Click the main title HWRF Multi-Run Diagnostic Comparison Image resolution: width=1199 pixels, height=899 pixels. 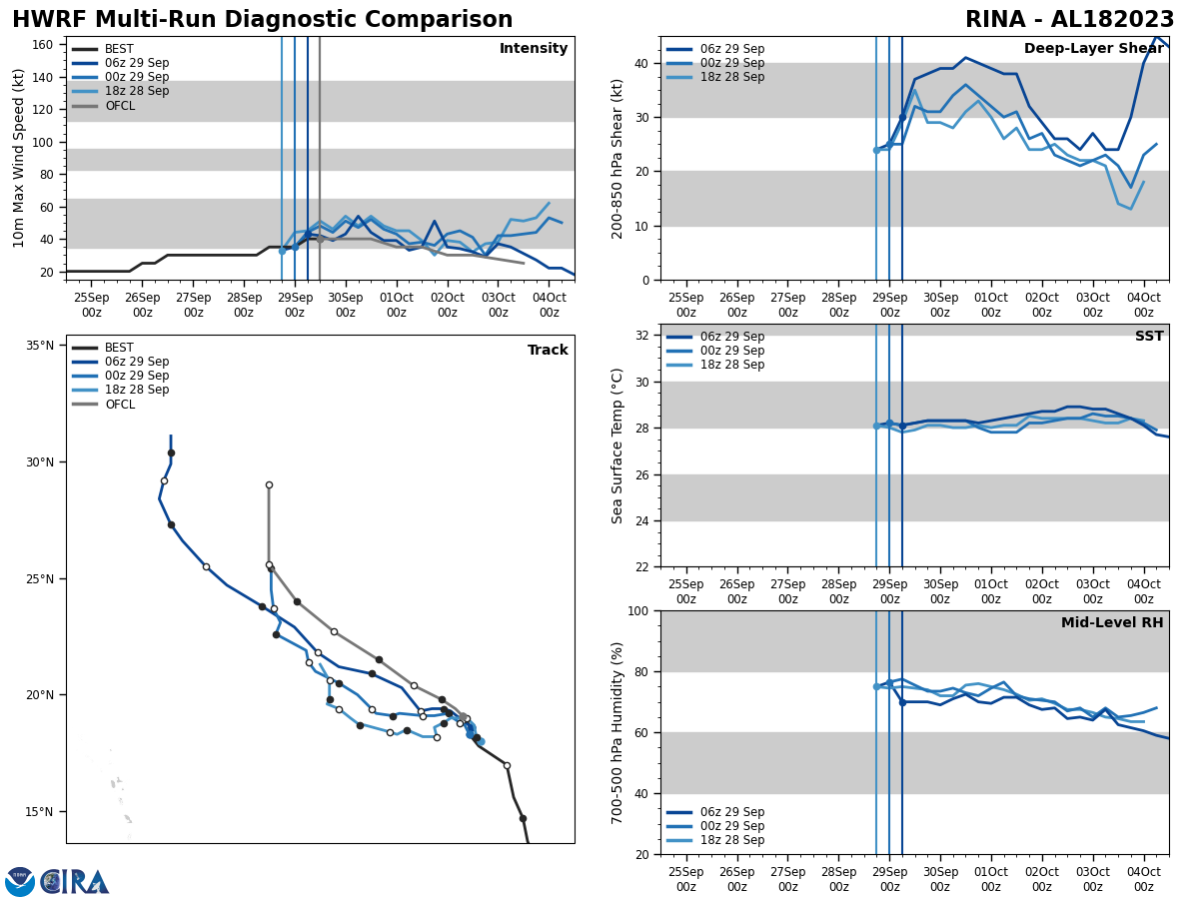point(262,20)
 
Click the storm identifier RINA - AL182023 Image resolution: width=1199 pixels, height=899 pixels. point(1069,20)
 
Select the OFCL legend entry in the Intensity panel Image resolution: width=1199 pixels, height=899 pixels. point(119,105)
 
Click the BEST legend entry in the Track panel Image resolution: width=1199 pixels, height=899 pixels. point(119,348)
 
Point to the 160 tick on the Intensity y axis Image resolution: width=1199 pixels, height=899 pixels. point(42,45)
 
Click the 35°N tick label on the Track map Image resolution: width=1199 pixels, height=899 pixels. point(40,346)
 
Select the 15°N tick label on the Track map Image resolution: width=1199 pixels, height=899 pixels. point(40,811)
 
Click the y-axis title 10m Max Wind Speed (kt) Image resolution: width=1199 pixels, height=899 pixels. point(18,158)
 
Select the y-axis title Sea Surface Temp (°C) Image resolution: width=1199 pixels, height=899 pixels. point(617,446)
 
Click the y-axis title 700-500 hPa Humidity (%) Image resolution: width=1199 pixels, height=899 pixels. point(617,732)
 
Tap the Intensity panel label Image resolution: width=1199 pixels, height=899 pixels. point(534,49)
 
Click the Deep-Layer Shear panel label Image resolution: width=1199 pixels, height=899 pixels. point(1093,49)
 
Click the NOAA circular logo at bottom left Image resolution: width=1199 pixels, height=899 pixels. point(20,882)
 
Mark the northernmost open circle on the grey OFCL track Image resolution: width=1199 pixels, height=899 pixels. point(269,484)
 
